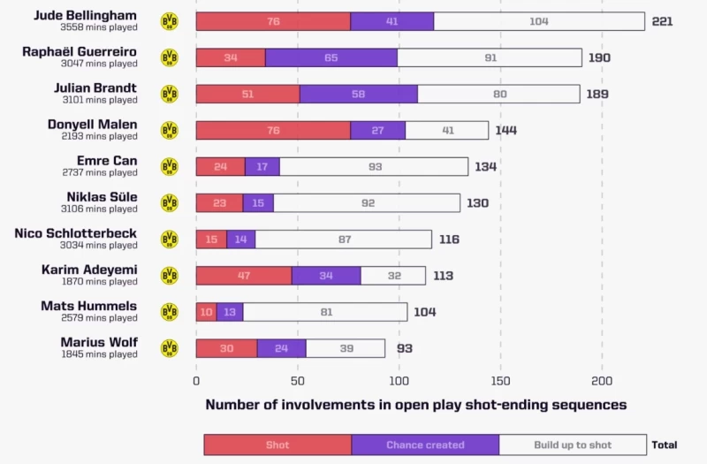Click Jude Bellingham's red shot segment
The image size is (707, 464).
click(x=273, y=21)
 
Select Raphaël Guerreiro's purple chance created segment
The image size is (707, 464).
click(x=331, y=57)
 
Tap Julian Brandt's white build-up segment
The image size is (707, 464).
click(x=498, y=94)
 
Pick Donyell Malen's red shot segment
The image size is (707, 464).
click(x=273, y=130)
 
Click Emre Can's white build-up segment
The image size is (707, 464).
click(x=374, y=166)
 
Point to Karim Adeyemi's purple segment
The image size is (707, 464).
click(x=326, y=276)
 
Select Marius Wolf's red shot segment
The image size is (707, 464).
click(x=226, y=348)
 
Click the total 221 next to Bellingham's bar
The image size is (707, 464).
click(x=662, y=21)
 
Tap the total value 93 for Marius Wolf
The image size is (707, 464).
click(x=404, y=348)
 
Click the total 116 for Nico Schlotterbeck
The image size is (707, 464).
click(x=448, y=240)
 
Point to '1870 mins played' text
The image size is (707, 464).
click(x=99, y=282)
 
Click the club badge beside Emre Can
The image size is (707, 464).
click(x=169, y=166)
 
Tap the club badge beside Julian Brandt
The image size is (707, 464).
click(x=169, y=94)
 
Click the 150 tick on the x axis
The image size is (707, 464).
click(x=500, y=381)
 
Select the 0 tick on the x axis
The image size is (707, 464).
click(x=196, y=381)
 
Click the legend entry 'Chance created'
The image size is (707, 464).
click(x=425, y=445)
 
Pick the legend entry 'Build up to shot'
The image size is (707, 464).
click(x=573, y=445)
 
